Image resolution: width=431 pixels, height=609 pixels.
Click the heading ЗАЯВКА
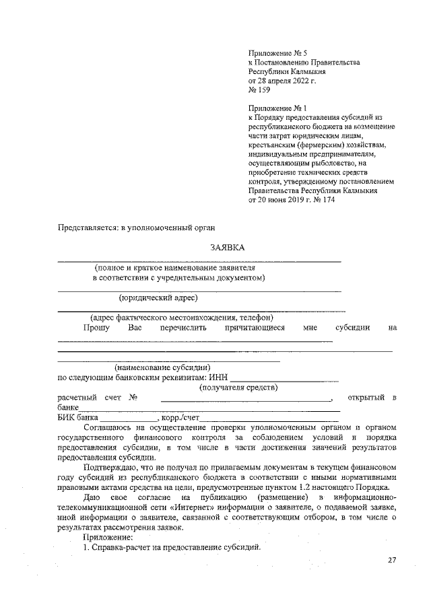pos(227,248)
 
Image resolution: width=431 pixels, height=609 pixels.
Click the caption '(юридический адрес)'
pos(158,297)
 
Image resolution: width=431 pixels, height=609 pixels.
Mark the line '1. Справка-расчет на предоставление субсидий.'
pos(171,546)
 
